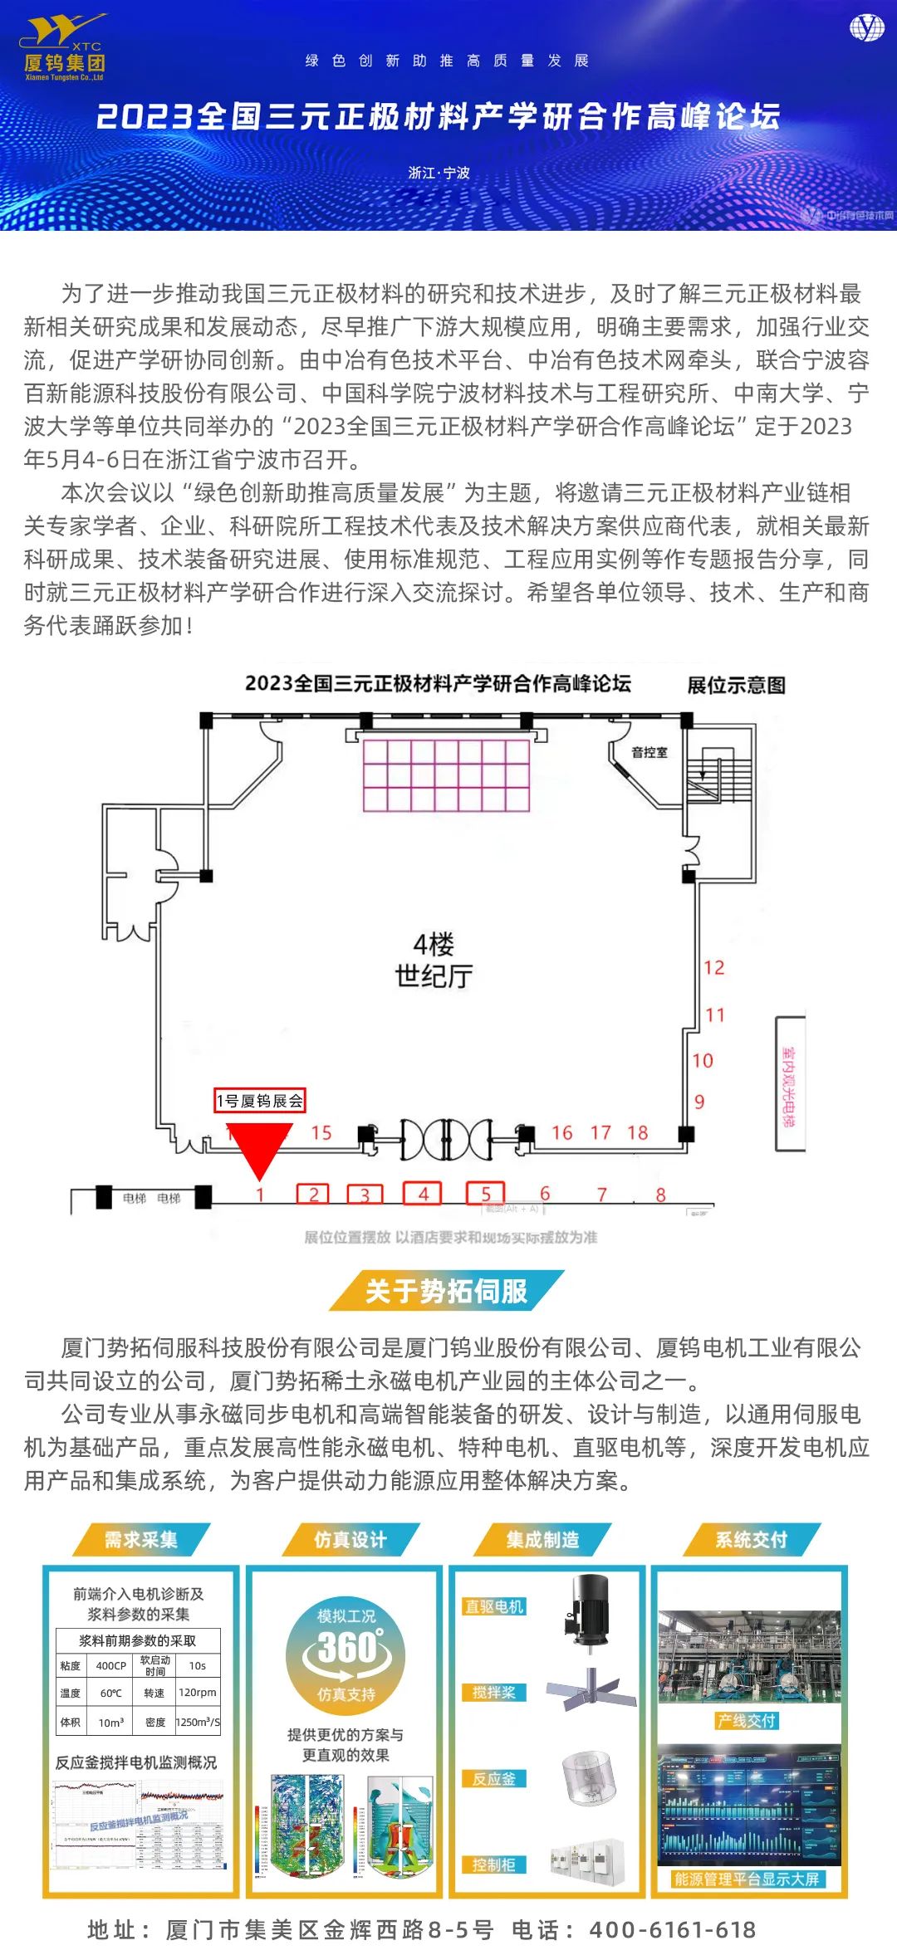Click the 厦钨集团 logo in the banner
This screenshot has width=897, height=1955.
pos(65,48)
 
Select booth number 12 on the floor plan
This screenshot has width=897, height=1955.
pos(714,968)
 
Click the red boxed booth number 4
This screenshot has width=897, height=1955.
pos(423,1194)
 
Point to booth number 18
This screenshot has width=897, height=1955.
pos(638,1133)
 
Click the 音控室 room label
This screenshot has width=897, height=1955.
pos(649,753)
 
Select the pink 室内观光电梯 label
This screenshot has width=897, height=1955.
pos(788,1085)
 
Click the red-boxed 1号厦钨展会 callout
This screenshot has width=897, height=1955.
pos(260,1101)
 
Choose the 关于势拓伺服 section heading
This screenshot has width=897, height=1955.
pos(447,1291)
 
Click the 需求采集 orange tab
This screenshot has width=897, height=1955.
pos(141,1540)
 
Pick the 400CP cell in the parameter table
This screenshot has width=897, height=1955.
pos(111,1665)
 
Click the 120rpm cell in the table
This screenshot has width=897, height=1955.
pos(198,1692)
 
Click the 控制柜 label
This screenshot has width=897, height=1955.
pos(494,1865)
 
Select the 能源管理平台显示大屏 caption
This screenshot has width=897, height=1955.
pos(747,1879)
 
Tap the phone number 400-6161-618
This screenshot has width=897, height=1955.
pos(673,1930)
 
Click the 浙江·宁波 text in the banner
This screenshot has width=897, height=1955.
pos(439,173)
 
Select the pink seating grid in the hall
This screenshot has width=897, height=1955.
pos(446,775)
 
